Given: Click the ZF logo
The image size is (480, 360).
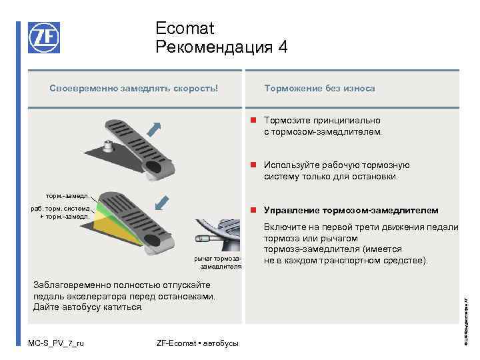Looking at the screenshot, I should [x=43, y=37].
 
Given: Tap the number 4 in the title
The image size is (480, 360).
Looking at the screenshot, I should [x=283, y=47].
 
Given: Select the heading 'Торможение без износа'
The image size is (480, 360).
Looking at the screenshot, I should [x=319, y=88].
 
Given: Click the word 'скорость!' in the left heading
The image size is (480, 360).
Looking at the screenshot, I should [x=197, y=88].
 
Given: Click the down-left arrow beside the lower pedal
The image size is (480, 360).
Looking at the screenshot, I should [x=163, y=201].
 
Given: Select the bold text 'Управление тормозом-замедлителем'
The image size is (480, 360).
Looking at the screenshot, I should [x=351, y=211].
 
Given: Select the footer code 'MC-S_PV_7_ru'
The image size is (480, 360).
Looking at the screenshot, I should [x=56, y=343].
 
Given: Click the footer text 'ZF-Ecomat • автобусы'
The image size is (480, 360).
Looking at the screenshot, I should [x=197, y=343].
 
